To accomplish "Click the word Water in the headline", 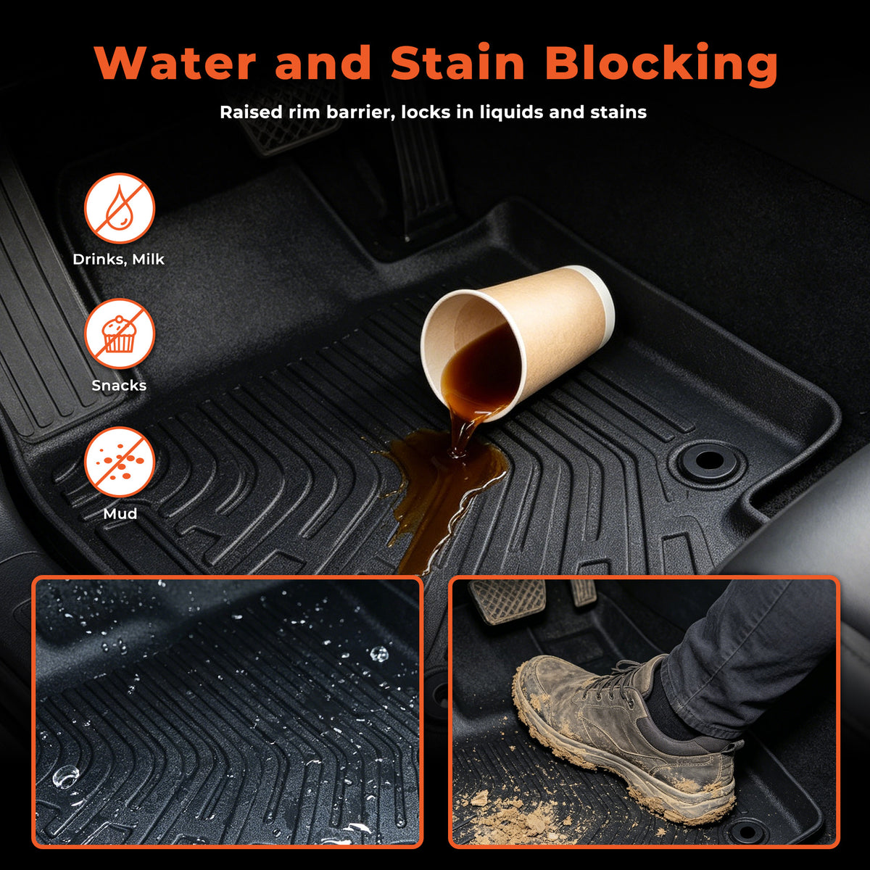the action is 175,62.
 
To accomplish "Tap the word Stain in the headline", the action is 457,62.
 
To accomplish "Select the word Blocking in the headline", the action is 661,65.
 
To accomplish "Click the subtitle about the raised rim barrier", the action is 433,112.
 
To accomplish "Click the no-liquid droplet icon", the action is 119,209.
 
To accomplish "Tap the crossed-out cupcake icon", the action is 119,334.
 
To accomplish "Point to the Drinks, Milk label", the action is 119,260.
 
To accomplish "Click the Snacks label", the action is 119,386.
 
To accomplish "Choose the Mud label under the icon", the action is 120,514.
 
